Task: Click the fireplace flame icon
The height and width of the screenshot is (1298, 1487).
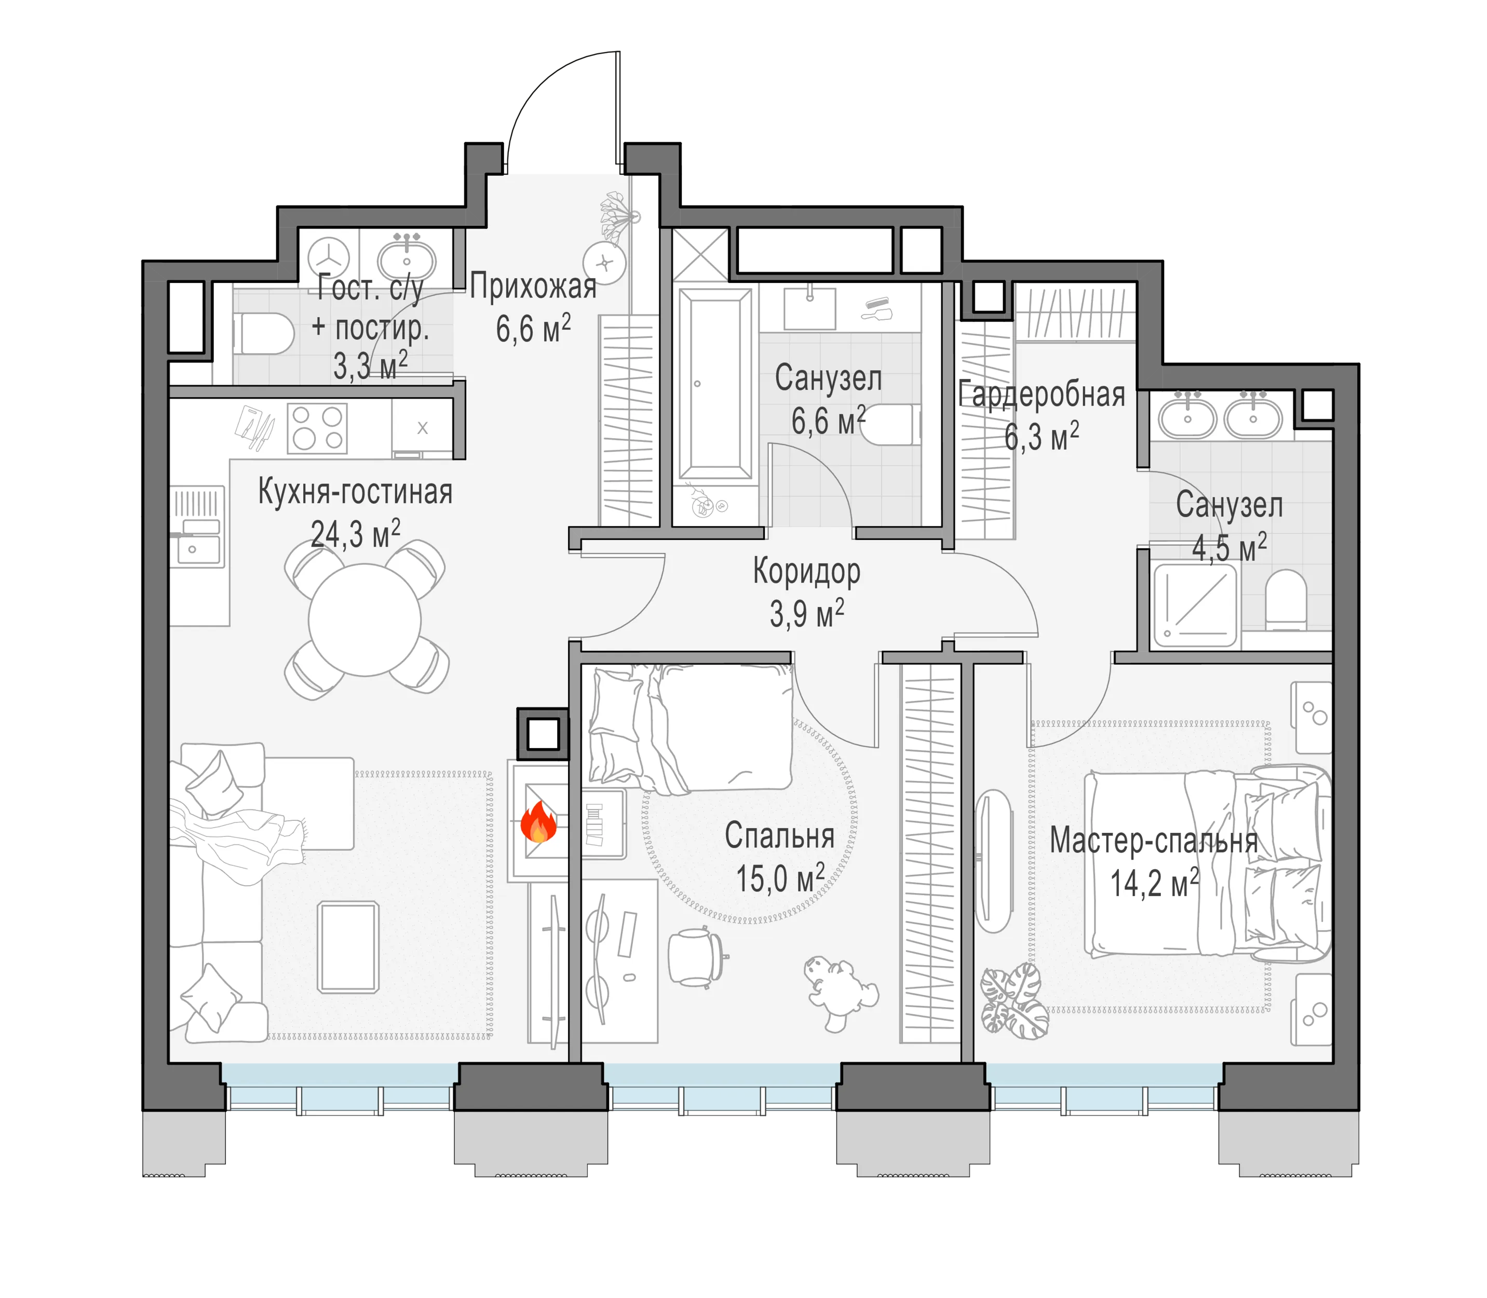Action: (538, 821)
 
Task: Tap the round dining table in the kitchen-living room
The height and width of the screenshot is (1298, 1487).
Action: (364, 620)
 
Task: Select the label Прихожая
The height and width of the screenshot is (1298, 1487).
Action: (533, 287)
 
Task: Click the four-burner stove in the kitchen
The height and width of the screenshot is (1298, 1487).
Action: (317, 428)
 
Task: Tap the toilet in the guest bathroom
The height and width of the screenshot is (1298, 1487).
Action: (263, 334)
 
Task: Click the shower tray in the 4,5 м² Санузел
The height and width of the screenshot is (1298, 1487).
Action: (1195, 605)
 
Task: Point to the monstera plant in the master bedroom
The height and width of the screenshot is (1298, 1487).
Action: (1014, 1000)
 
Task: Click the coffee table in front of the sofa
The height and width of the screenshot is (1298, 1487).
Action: (348, 946)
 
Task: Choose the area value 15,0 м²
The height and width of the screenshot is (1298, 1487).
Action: (780, 878)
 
